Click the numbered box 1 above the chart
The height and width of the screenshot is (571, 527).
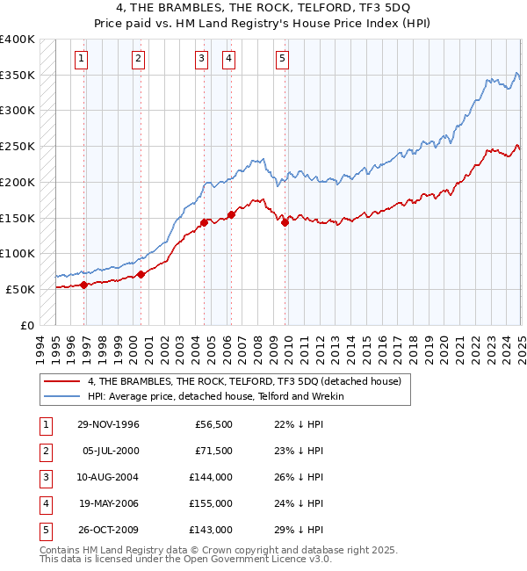(81, 59)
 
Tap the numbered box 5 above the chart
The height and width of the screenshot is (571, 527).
(282, 59)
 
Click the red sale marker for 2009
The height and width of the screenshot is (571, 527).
(285, 222)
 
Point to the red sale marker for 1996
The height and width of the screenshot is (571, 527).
(84, 285)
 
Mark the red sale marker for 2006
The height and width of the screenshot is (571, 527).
(232, 213)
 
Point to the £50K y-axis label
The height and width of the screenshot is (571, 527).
(21, 289)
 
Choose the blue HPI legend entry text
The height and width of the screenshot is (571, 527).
(216, 396)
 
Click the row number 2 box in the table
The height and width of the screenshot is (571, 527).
(45, 451)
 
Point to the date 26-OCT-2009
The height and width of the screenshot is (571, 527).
(109, 530)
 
